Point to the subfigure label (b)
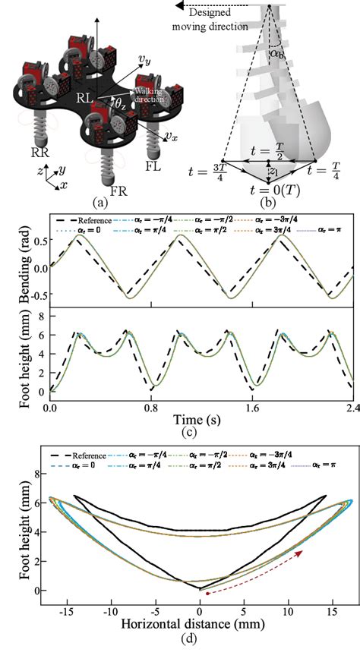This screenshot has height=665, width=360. click(x=267, y=204)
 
